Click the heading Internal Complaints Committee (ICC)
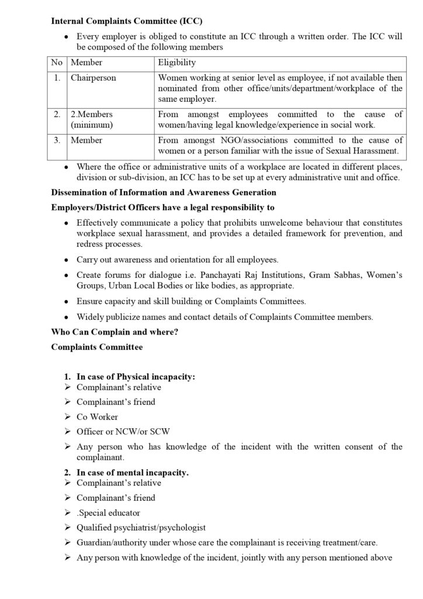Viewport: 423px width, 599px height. point(127,21)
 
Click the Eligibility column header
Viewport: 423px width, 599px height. point(177,63)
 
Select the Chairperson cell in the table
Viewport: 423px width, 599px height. point(93,78)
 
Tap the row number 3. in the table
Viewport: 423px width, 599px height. point(57,140)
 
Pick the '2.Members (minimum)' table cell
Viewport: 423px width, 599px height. point(92,119)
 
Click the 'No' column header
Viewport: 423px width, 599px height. point(57,63)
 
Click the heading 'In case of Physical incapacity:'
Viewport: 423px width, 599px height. point(136,377)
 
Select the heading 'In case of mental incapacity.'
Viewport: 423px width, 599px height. point(133,473)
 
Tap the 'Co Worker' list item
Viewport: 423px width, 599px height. point(97,417)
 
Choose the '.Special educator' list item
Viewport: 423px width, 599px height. point(108,512)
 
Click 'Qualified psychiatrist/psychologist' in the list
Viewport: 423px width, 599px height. point(141,527)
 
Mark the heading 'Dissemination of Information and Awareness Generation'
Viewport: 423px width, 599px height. point(164,192)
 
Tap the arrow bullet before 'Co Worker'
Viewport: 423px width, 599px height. point(68,417)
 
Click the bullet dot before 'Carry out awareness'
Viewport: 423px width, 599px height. point(68,260)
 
